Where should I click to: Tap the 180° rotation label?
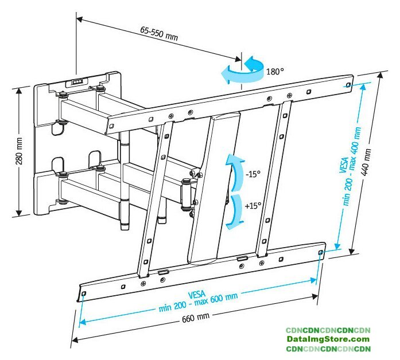(x=275, y=72)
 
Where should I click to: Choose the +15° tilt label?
(x=253, y=205)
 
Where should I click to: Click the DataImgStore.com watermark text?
(x=328, y=339)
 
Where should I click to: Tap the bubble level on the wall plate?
(x=76, y=82)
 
